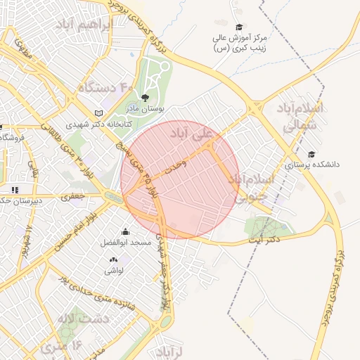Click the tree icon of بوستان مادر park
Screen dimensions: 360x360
145,98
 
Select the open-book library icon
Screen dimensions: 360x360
98,113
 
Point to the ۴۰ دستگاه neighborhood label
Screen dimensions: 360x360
105,88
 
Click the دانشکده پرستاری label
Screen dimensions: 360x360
311,165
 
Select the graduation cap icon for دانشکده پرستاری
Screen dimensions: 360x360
311,154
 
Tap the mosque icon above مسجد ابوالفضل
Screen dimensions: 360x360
125,232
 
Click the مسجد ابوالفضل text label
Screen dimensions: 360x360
126,243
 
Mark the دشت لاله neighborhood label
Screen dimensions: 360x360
85,319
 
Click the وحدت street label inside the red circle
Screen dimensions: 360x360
174,167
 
